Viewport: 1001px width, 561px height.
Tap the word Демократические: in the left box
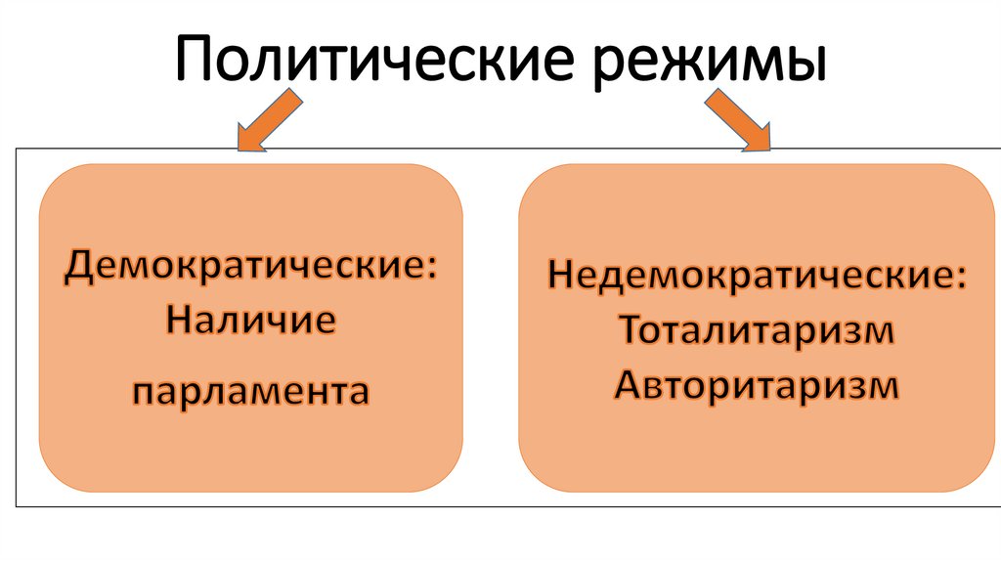tap(250, 267)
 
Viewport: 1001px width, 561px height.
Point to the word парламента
tap(251, 393)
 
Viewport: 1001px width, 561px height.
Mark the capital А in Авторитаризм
tap(629, 384)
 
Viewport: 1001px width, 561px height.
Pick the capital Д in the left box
tap(79, 267)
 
